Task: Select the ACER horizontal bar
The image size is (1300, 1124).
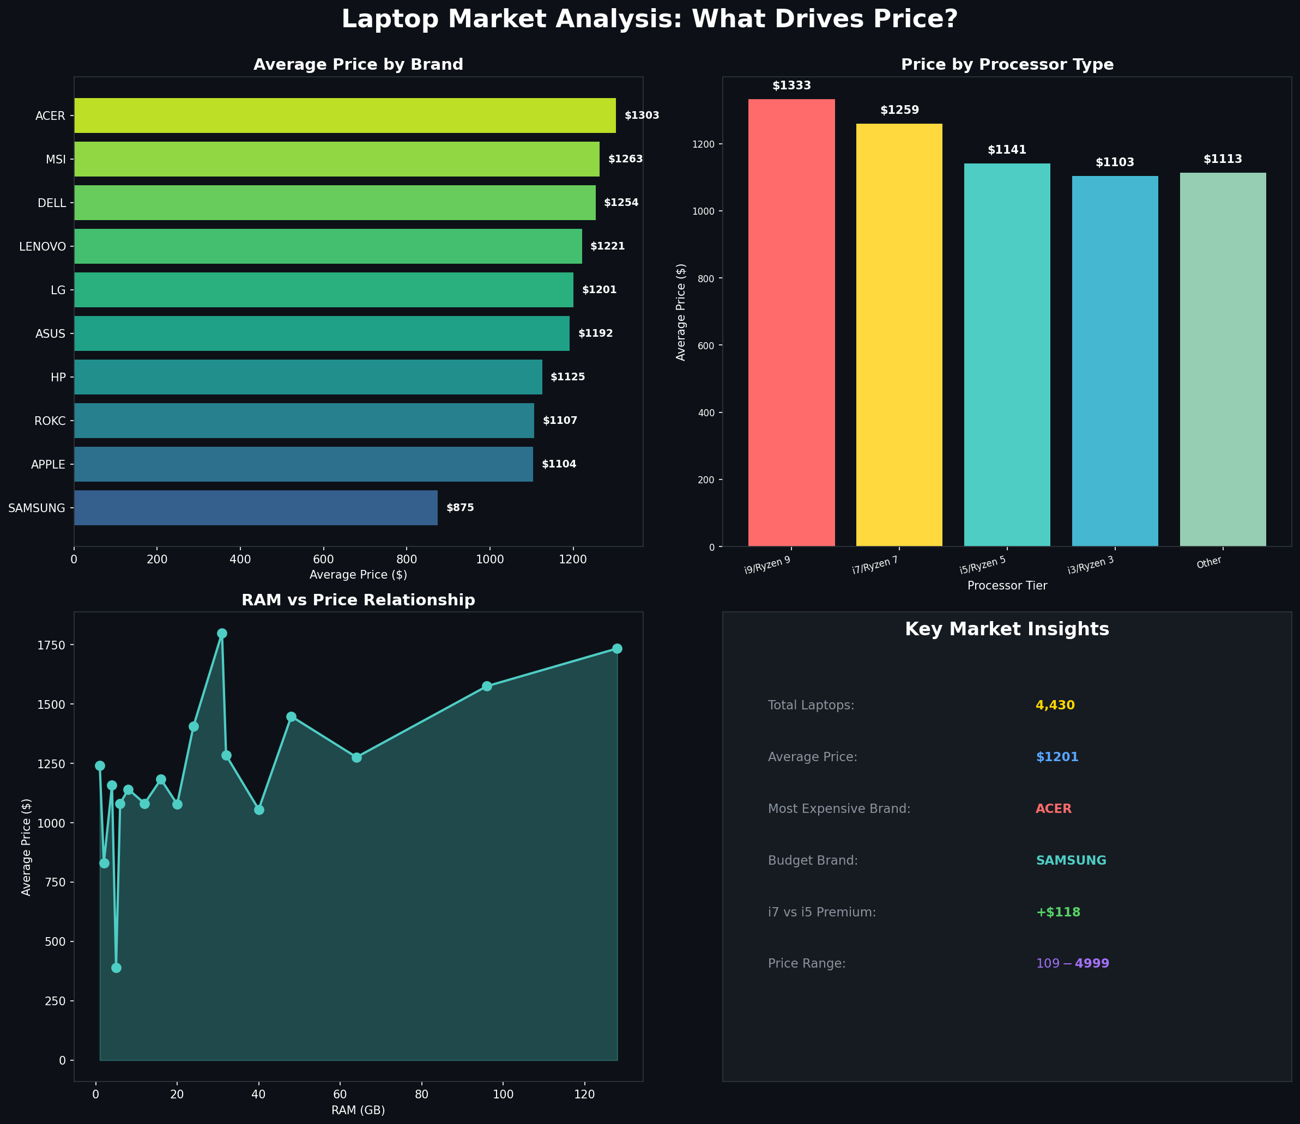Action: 344,116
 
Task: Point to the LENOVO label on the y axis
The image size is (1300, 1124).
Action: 42,246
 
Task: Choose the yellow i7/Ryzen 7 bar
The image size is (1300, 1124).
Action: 899,335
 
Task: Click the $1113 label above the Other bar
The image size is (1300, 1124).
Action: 1222,159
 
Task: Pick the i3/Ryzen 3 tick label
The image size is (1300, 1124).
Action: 1091,564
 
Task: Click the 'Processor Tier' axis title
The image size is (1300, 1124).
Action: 1007,586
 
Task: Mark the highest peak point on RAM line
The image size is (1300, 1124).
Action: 221,634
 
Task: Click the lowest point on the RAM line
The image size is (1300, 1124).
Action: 116,968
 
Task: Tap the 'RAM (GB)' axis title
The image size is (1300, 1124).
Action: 358,1110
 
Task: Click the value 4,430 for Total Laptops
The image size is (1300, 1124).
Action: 1055,705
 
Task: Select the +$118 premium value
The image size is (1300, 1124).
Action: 1058,912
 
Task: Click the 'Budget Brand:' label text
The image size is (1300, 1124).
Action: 813,860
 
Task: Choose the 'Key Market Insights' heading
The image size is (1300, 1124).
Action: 1006,629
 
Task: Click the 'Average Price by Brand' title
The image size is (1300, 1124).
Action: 358,65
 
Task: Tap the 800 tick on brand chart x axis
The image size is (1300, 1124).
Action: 407,560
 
